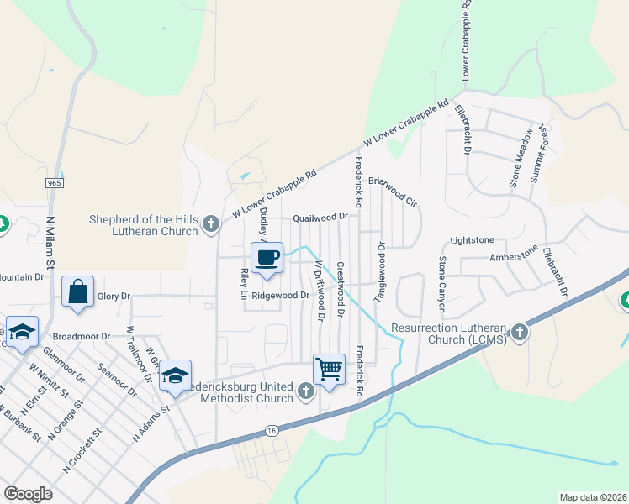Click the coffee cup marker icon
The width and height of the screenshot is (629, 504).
click(x=267, y=257)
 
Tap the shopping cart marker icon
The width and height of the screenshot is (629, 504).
click(x=329, y=368)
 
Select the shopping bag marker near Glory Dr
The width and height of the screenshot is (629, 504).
click(x=77, y=292)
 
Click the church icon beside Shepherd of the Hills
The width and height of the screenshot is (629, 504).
click(x=210, y=223)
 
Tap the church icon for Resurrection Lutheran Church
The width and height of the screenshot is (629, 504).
click(x=520, y=332)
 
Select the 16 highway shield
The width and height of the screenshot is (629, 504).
click(x=271, y=430)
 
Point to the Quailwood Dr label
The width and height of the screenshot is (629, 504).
click(x=320, y=218)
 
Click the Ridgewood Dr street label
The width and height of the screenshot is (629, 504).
click(x=281, y=296)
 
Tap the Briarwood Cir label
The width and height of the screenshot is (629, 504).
click(x=393, y=186)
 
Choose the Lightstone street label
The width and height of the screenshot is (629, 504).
click(x=473, y=240)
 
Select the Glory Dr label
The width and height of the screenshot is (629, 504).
click(x=114, y=296)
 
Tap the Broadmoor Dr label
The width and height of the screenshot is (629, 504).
click(x=83, y=336)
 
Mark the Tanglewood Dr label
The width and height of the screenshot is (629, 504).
click(x=381, y=267)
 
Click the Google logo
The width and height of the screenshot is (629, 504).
click(x=29, y=494)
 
